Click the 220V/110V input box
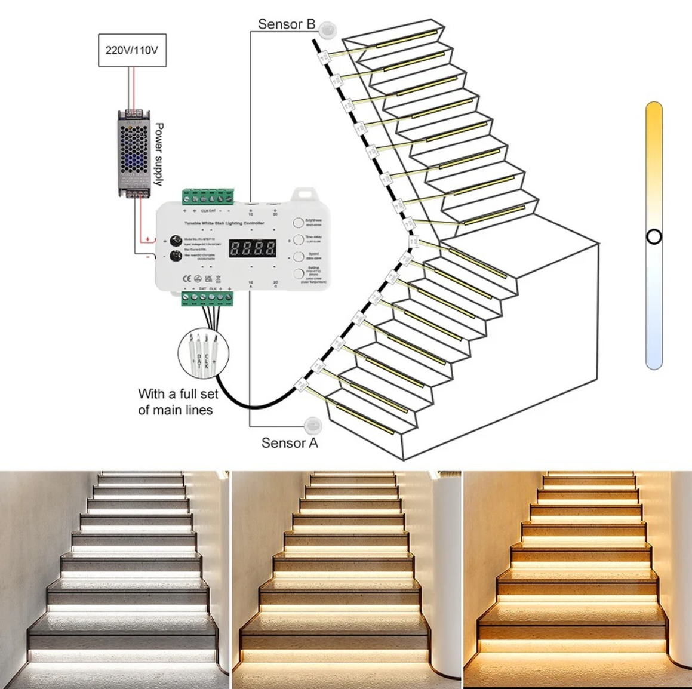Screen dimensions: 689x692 pos(132,50)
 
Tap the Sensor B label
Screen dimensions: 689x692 pos(287,24)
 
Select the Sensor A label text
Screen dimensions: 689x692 pos(290,443)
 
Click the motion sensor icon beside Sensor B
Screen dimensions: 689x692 pos(327,28)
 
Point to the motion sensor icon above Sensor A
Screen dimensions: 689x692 pos(313,425)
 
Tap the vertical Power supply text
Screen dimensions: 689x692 pos(159,154)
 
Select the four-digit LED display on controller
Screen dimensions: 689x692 pos(253,248)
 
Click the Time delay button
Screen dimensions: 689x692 pos(299,239)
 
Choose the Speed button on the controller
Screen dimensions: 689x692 pos(299,257)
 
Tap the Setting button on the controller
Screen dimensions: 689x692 pos(299,274)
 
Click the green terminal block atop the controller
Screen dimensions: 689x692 pos(208,197)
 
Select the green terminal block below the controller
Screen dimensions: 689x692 pos(207,297)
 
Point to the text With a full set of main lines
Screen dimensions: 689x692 pos(177,402)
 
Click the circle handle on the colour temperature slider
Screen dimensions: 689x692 pos(654,237)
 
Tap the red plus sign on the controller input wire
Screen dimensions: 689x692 pos(147,239)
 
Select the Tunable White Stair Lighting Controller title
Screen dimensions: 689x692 pos(224,223)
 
